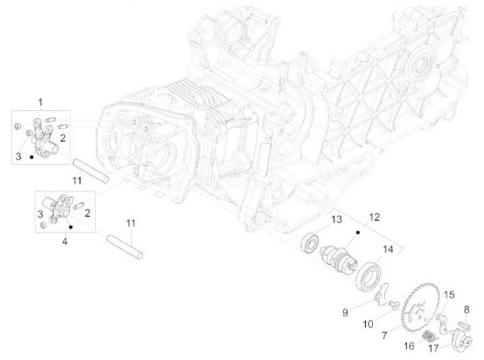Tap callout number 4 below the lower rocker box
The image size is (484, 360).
coord(65,240)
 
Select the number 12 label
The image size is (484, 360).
coord(375,217)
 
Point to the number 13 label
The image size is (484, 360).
coord(335,220)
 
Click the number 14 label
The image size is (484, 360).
coord(388,250)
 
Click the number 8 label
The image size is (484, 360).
coord(466,309)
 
